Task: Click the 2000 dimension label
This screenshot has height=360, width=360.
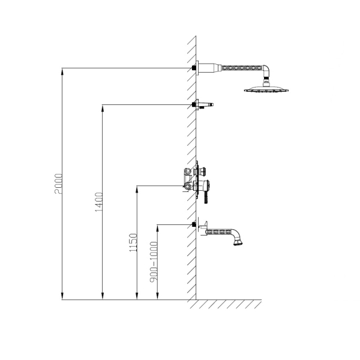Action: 58,184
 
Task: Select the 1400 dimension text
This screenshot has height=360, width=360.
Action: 99,202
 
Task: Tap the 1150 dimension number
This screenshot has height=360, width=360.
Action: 133,242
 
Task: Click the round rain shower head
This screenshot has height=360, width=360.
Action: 266,89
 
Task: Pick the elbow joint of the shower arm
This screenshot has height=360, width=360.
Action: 266,70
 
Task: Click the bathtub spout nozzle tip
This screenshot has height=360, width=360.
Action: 239,242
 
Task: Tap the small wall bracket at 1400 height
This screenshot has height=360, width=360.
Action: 205,104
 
